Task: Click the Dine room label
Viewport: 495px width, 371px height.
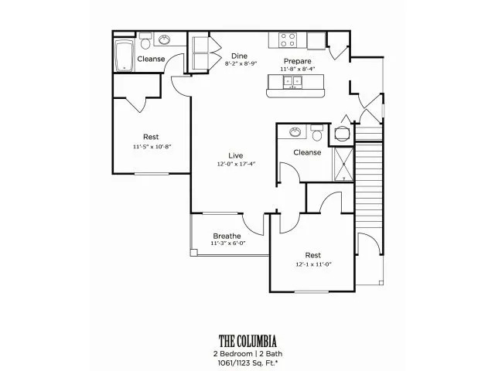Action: pos(239,56)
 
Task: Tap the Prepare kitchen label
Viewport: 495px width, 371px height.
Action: pos(297,61)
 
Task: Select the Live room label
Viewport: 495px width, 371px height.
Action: pos(236,155)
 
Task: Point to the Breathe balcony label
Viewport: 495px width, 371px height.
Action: pos(227,236)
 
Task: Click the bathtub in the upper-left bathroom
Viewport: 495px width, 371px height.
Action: pos(124,55)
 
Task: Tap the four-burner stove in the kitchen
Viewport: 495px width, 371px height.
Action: pos(288,40)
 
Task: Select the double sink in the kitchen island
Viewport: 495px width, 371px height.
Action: pos(292,82)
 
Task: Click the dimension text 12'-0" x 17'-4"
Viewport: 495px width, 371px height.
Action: pos(236,164)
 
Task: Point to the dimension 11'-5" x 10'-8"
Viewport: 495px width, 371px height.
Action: pos(152,147)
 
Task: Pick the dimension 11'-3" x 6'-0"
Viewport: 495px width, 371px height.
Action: pos(228,243)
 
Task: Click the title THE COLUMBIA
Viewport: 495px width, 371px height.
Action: pos(247,342)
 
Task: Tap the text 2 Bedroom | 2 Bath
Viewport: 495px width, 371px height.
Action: pos(247,354)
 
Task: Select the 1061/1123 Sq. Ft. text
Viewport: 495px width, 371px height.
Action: pos(247,362)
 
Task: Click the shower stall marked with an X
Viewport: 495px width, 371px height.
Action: pos(343,164)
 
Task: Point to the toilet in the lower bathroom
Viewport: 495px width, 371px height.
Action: pos(316,133)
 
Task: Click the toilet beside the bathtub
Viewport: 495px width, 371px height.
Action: pos(145,41)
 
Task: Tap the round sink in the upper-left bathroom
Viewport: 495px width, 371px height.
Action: pos(165,39)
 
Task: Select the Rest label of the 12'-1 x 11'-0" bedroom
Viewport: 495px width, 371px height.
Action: pos(312,255)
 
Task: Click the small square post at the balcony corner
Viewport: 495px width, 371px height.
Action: pos(194,253)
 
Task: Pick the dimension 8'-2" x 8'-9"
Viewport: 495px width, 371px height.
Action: pos(241,63)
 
